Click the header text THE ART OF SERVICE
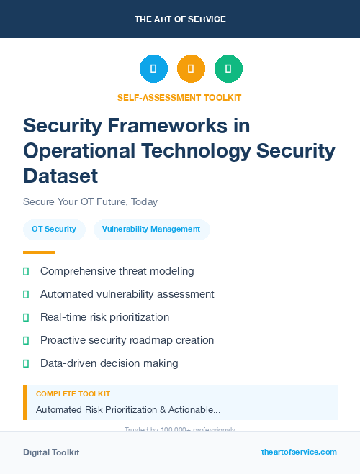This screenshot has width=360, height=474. pyautogui.click(x=180, y=19)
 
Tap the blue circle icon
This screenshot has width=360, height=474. pyautogui.click(x=153, y=69)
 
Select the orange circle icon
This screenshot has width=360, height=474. pyautogui.click(x=191, y=69)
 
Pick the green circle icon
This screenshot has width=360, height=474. pyautogui.click(x=228, y=69)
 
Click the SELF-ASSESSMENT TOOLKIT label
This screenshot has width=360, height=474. pyautogui.click(x=179, y=97)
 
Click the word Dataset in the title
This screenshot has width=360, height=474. pyautogui.click(x=60, y=175)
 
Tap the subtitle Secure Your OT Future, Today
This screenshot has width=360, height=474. pyautogui.click(x=90, y=201)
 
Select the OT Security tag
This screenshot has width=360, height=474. pyautogui.click(x=54, y=229)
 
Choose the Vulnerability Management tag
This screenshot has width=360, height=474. pyautogui.click(x=151, y=229)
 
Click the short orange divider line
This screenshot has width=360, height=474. pyautogui.click(x=39, y=252)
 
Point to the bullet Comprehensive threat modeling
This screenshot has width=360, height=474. pyautogui.click(x=117, y=271)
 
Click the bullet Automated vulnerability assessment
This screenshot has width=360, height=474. pyautogui.click(x=127, y=294)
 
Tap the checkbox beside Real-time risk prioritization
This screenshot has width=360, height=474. pyautogui.click(x=26, y=317)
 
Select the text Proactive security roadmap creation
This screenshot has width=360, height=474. pyautogui.click(x=127, y=340)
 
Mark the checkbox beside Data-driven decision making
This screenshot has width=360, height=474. pyautogui.click(x=26, y=363)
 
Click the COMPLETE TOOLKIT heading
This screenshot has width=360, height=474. pyautogui.click(x=73, y=394)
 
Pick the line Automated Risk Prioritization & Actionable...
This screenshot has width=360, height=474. pyautogui.click(x=128, y=409)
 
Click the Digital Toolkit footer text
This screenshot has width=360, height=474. pyautogui.click(x=51, y=452)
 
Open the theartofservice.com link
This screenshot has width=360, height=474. pyautogui.click(x=299, y=452)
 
